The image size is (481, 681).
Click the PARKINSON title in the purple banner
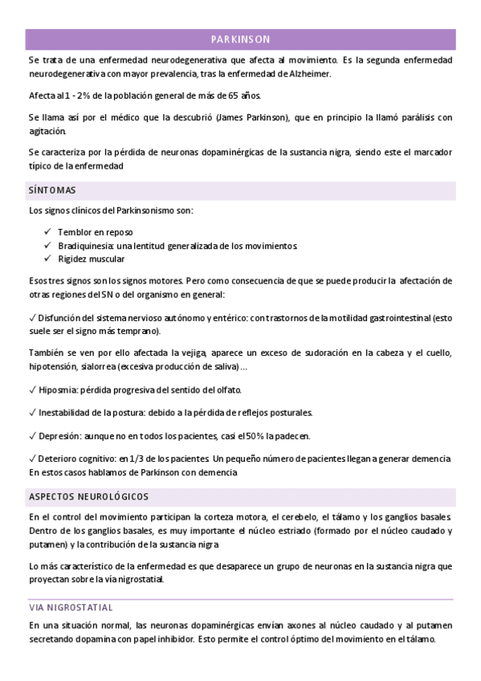click(x=240, y=39)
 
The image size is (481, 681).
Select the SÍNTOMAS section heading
click(x=52, y=191)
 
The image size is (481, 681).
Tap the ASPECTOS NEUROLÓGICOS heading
click(x=88, y=496)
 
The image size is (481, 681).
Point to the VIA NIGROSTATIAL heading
click(x=71, y=607)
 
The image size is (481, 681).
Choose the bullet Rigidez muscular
click(x=92, y=259)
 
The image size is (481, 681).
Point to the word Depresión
click(x=59, y=435)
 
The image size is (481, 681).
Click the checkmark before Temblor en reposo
click(x=49, y=231)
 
